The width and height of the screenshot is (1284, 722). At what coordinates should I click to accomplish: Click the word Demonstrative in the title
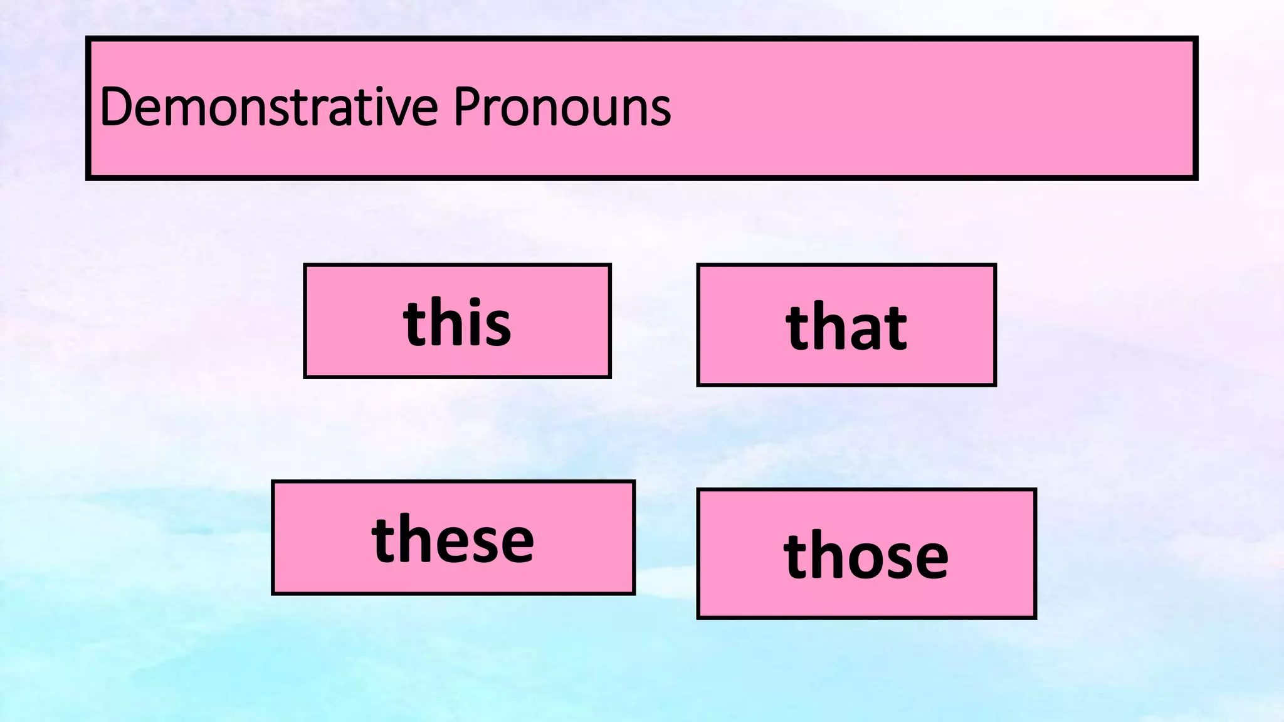coord(268,107)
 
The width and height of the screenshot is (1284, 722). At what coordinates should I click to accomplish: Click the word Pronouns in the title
coord(562,107)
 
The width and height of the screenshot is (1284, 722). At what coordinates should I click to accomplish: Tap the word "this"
coord(457,323)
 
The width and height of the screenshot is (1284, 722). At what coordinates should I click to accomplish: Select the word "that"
coord(846,327)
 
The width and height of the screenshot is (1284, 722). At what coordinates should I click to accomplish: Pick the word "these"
coord(453,539)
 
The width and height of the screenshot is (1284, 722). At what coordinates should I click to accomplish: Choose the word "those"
coord(866,555)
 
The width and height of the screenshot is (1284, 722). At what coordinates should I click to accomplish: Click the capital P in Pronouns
coord(466,107)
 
